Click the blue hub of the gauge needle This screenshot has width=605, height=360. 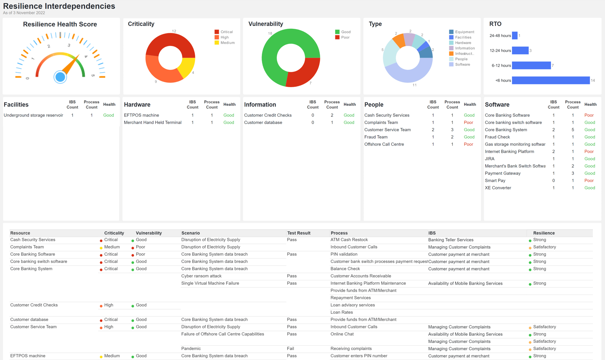60,77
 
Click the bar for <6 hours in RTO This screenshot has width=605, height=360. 550,81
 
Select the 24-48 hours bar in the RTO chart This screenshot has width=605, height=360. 514,36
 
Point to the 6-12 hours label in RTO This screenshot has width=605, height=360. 501,66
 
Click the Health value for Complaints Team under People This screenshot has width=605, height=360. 468,122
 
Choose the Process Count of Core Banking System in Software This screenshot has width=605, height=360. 572,130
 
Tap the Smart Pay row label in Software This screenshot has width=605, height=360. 495,181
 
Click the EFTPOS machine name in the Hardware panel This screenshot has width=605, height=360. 141,115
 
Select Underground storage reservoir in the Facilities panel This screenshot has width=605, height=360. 33,115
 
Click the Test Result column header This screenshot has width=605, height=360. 299,233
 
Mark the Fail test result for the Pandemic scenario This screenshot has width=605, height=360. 291,349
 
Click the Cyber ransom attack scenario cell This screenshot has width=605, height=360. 201,276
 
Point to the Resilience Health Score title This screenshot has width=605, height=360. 60,24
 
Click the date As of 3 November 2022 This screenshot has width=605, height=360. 24,13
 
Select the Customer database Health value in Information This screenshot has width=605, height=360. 349,122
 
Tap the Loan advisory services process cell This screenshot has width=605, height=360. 352,305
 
